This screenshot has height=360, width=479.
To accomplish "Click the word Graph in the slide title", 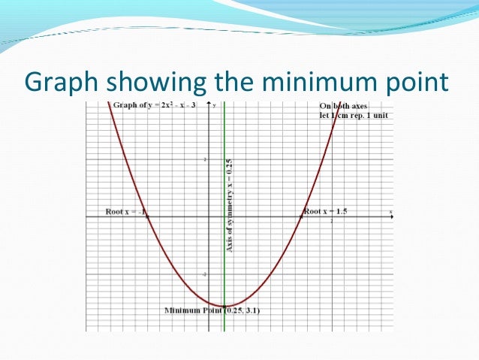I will click(x=62, y=81).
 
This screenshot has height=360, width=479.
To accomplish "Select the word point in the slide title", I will click(x=408, y=81).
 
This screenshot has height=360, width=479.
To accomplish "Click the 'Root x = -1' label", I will click(x=124, y=212).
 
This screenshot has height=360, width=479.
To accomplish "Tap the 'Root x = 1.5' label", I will click(x=325, y=211).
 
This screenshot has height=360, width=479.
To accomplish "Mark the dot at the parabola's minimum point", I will click(x=224, y=306).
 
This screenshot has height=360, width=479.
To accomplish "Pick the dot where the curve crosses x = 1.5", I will click(x=302, y=217).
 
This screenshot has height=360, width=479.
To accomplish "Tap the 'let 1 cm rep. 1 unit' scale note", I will click(x=359, y=116).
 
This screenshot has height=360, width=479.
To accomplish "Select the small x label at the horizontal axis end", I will click(x=390, y=212).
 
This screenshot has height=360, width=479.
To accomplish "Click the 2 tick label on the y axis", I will click(x=205, y=159).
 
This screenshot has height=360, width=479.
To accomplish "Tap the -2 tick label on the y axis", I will click(x=204, y=275).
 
